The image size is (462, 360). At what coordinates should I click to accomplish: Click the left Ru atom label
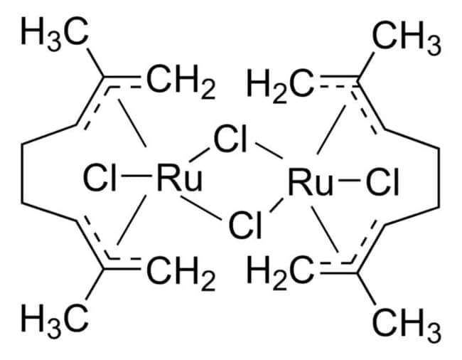click(x=179, y=177)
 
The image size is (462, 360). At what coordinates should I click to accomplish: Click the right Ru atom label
click(x=311, y=181)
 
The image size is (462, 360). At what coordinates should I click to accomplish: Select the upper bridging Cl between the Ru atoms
click(x=230, y=139)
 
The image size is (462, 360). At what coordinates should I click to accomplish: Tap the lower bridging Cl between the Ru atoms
click(x=245, y=224)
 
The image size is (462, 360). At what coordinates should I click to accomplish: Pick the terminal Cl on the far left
click(x=100, y=177)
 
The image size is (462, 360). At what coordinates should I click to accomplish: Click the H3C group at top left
click(x=55, y=33)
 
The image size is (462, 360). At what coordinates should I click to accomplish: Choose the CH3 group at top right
click(x=407, y=38)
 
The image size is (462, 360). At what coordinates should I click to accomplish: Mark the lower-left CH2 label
click(x=181, y=272)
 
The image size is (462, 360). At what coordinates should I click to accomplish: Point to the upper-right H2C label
click(x=281, y=85)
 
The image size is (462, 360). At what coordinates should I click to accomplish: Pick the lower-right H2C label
click(x=281, y=272)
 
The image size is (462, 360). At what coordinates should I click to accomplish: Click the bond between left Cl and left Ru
click(x=136, y=176)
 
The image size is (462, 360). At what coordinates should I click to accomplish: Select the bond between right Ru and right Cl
click(x=350, y=180)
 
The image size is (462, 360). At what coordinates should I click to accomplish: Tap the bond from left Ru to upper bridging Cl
click(x=199, y=155)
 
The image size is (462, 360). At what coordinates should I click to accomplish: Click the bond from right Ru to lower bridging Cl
click(x=276, y=206)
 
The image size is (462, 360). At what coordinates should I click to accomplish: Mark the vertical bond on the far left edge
click(x=22, y=174)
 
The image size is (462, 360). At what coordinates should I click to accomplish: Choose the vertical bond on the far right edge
click(x=439, y=178)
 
